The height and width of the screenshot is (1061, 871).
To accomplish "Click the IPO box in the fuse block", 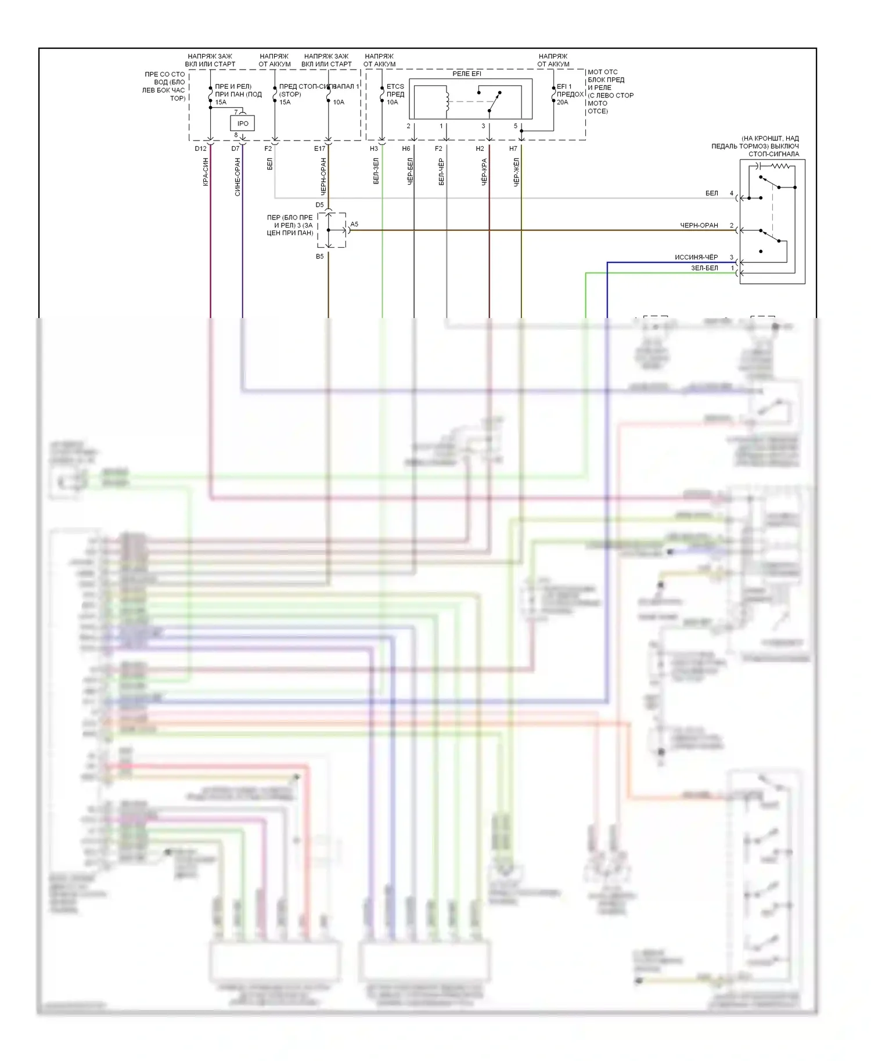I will point(243,124).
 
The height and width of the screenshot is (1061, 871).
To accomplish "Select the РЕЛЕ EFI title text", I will point(467,74).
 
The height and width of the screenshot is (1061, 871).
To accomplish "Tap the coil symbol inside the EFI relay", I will point(447,101).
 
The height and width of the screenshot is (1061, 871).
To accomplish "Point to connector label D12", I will point(200,149).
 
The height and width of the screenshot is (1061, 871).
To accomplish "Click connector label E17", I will point(319,149).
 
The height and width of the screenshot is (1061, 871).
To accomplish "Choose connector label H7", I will point(513,149).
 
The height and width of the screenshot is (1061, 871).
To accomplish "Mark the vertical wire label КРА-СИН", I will point(206,172).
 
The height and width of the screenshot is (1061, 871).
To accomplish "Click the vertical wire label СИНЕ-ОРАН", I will point(237,177).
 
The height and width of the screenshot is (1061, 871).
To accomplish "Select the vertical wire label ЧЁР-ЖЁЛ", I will point(516,172).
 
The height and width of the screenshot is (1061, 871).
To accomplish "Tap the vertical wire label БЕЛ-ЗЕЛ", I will point(376,171).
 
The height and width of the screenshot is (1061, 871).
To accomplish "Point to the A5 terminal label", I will point(354,224).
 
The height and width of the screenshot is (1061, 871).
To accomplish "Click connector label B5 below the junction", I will point(319,257).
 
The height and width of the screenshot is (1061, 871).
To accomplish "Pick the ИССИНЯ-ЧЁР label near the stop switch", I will point(696,257).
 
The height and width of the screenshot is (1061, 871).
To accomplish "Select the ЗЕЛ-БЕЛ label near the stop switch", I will point(704,268).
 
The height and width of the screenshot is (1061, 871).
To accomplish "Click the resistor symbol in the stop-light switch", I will point(782,166).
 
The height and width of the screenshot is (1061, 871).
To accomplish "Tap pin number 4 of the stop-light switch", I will point(732,193).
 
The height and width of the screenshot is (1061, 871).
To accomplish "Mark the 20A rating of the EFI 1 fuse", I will point(562,102).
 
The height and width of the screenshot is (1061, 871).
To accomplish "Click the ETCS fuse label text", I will point(395,86).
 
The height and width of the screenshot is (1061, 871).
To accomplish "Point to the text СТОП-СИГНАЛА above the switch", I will point(773,154).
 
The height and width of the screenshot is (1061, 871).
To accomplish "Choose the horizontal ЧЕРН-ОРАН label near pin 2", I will point(699,225).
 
